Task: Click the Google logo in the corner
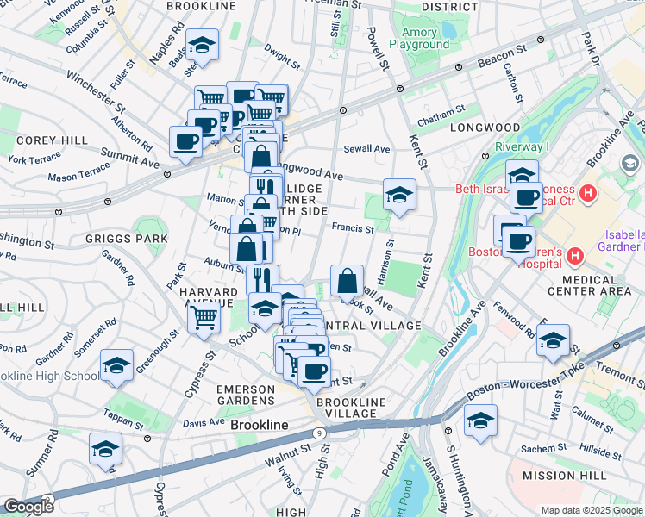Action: coord(28,507)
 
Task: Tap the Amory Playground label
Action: coord(412,38)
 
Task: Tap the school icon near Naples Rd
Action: coord(202,44)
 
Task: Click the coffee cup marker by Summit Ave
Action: coord(185,140)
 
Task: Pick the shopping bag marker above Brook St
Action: coord(347,280)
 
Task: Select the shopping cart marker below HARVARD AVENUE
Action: coord(204,317)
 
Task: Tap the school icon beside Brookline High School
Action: coord(116,365)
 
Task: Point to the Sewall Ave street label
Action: coord(366,149)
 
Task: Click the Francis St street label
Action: coord(354,229)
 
